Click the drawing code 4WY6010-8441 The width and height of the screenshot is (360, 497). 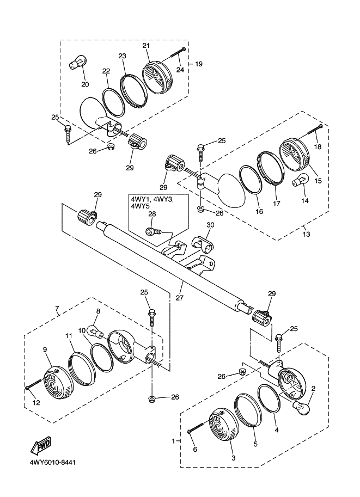pyautogui.click(x=53, y=463)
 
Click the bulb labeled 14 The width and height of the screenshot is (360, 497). pyautogui.click(x=300, y=183)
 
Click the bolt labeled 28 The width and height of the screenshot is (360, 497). pyautogui.click(x=154, y=232)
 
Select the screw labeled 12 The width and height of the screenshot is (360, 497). pyautogui.click(x=34, y=384)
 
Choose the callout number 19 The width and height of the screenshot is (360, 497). pyautogui.click(x=199, y=64)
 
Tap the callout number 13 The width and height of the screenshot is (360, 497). pyautogui.click(x=307, y=235)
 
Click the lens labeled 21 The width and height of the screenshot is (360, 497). pyautogui.click(x=157, y=77)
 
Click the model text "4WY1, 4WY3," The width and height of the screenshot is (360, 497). pyautogui.click(x=152, y=199)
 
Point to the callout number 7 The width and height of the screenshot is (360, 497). pyautogui.click(x=57, y=308)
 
